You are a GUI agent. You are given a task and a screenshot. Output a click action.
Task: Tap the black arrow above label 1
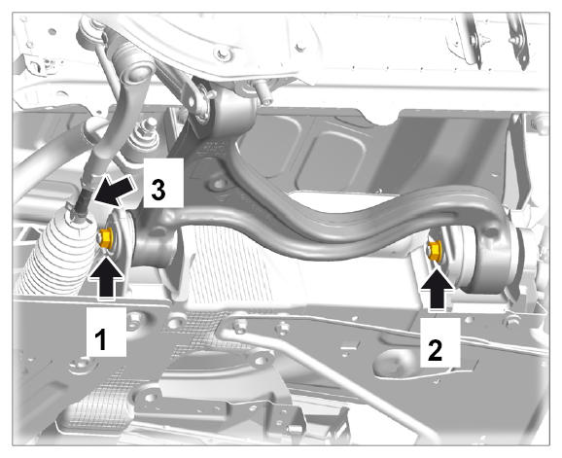pyautogui.click(x=106, y=276)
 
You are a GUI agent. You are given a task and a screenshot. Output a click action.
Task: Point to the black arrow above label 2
pyautogui.click(x=438, y=289)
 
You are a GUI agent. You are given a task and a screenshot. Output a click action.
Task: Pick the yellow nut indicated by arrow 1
pyautogui.click(x=105, y=237)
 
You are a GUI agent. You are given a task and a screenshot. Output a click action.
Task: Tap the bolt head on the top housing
pyautogui.click(x=223, y=54)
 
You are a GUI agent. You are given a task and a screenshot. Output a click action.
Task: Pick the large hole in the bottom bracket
pyautogui.click(x=150, y=397)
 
